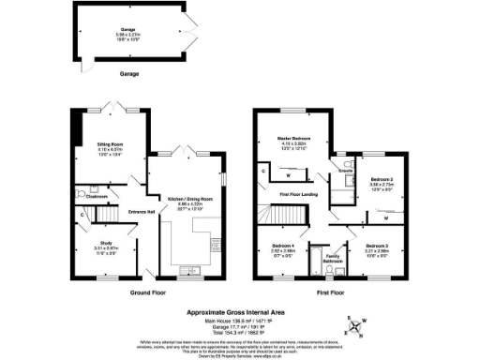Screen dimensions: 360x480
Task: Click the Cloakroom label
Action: click(95, 197)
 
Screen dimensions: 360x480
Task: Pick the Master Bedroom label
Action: click(292, 138)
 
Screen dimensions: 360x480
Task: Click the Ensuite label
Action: click(346, 172)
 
